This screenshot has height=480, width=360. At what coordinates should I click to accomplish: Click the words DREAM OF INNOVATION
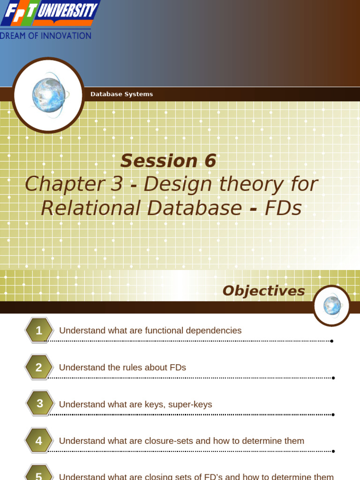(x=46, y=36)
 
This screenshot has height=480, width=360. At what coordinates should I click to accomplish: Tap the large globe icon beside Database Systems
(x=48, y=96)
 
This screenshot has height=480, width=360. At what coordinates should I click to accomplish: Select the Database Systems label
(x=121, y=94)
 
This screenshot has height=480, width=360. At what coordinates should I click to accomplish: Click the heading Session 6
(x=168, y=161)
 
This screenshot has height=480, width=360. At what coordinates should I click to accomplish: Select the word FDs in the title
(x=283, y=208)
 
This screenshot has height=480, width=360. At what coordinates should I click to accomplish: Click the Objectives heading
(x=263, y=291)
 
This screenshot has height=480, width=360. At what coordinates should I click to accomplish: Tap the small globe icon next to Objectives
(x=332, y=306)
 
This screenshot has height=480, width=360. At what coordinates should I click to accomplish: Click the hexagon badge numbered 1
(x=39, y=330)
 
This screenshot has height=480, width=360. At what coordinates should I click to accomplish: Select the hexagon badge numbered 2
(x=39, y=367)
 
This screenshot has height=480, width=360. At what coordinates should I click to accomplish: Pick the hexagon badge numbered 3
(x=39, y=404)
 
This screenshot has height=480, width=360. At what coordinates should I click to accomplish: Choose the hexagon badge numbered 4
(x=39, y=441)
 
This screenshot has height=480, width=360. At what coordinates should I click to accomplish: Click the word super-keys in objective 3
(x=193, y=404)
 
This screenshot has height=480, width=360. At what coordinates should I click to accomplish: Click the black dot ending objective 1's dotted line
(x=332, y=341)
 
